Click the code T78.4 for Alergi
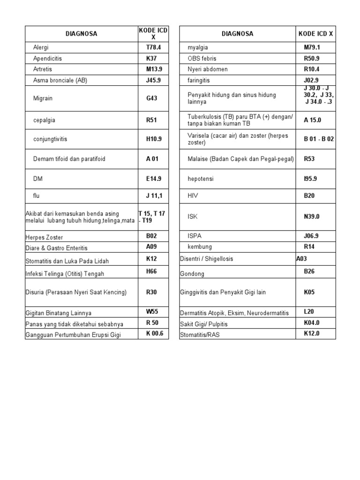(x=153, y=47)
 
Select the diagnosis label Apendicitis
(x=47, y=59)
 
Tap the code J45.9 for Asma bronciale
(x=153, y=80)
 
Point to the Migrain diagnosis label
(x=43, y=98)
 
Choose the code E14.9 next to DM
(x=153, y=179)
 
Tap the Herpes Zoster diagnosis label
(x=44, y=238)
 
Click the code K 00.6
(x=155, y=334)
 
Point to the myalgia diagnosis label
(x=198, y=48)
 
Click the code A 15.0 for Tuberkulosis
(x=313, y=120)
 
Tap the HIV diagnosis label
(x=193, y=195)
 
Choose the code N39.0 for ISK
(x=312, y=217)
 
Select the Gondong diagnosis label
(x=192, y=273)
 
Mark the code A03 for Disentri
(x=301, y=258)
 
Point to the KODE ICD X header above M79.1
(x=315, y=34)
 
